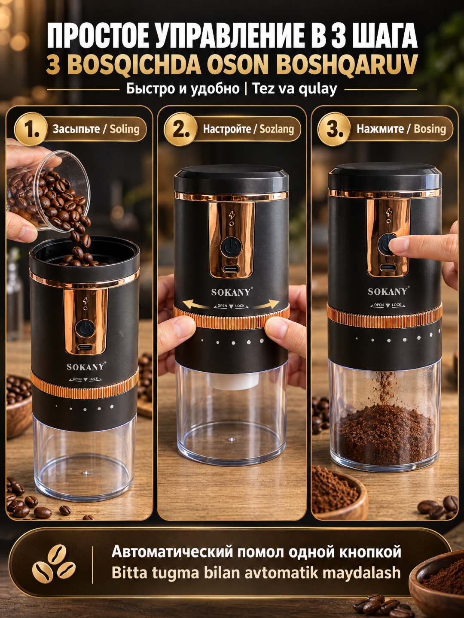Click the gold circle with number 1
click(31, 129)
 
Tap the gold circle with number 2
click(181, 129)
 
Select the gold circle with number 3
click(335, 129)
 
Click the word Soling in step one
click(125, 129)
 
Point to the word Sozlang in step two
click(277, 129)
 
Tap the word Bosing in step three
click(430, 129)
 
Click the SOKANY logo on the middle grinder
click(231, 292)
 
